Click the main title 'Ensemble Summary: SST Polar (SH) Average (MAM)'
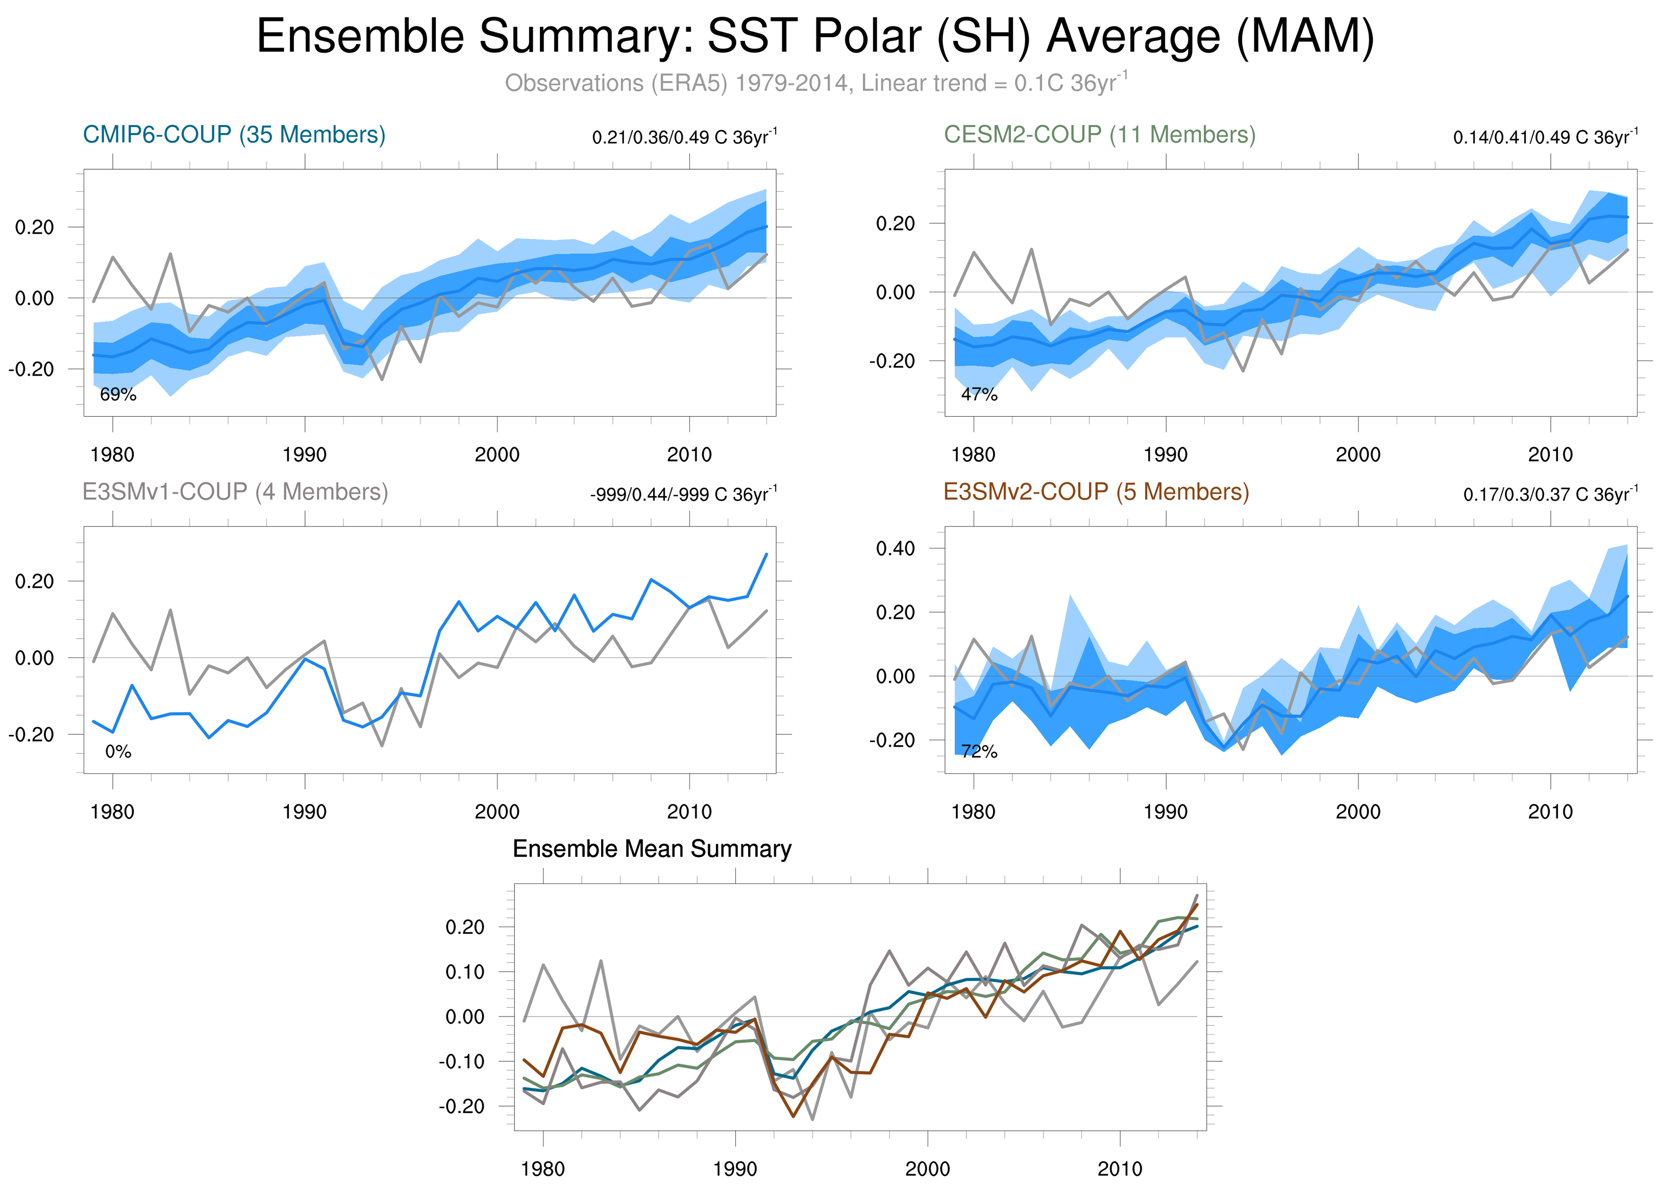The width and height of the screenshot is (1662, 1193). [815, 37]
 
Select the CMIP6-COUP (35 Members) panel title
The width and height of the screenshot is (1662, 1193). [234, 135]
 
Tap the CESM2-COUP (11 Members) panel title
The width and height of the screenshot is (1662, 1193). [1099, 135]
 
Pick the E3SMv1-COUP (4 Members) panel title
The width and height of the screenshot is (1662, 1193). [235, 491]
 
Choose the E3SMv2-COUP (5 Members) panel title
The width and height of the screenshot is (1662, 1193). [1096, 491]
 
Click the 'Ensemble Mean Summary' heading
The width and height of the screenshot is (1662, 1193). [652, 849]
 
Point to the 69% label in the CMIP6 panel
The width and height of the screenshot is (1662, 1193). [118, 395]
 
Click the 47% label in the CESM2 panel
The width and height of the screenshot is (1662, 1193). [979, 395]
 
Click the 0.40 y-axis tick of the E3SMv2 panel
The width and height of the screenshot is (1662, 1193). [896, 548]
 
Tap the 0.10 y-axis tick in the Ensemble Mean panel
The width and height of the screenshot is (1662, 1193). [464, 972]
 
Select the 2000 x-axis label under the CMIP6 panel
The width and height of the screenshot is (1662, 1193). [497, 455]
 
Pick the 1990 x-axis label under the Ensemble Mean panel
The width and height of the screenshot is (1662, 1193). [735, 1169]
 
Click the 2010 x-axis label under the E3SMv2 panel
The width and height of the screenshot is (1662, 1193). [1550, 812]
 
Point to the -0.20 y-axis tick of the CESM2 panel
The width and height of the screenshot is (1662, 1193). [892, 361]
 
